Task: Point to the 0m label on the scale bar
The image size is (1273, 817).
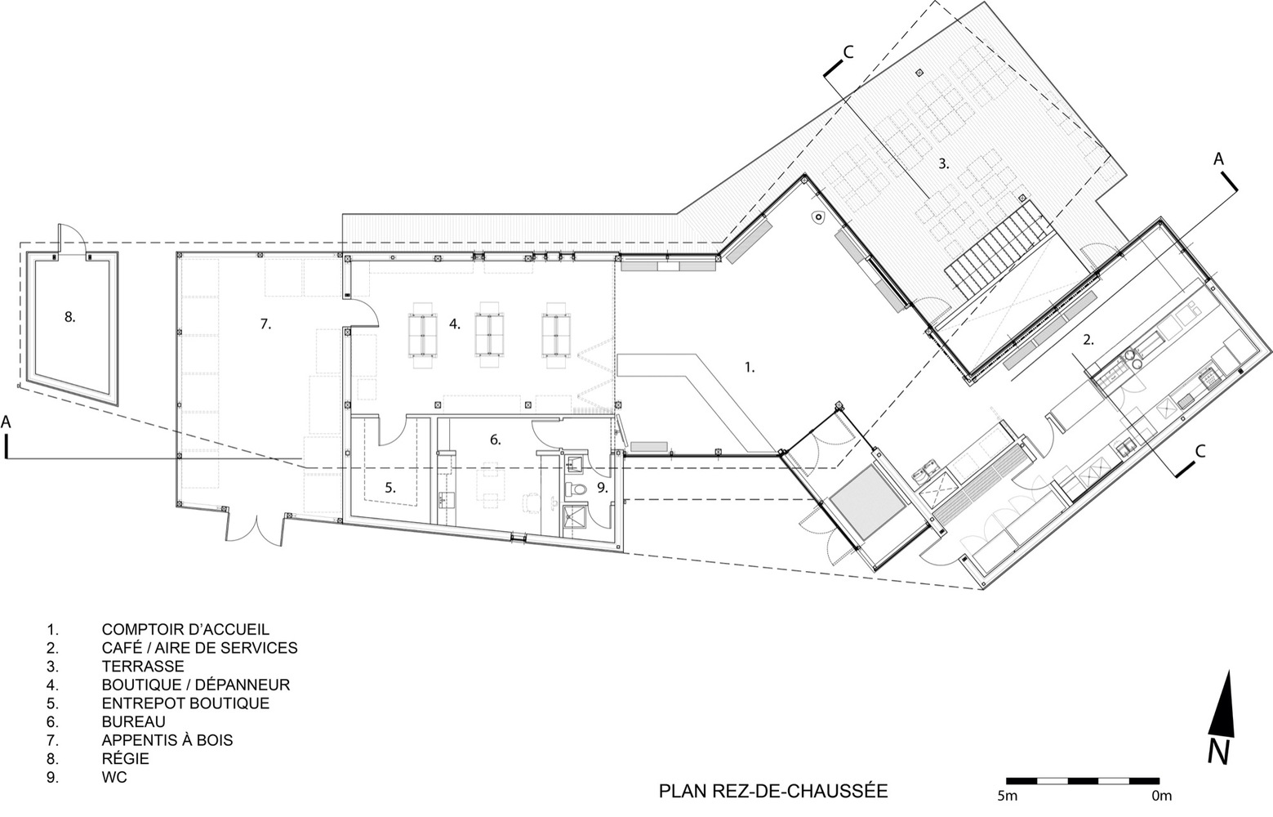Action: [1161, 795]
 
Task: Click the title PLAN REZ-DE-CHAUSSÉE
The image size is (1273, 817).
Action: [773, 791]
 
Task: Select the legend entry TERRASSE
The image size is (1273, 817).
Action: [143, 666]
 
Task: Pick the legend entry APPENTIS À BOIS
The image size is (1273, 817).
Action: [167, 740]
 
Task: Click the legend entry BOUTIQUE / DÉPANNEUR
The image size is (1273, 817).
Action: [195, 685]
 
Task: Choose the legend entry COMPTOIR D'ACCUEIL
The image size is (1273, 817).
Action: [185, 629]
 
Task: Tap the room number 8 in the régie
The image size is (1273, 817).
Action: [70, 317]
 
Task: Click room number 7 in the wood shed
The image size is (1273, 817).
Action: [265, 324]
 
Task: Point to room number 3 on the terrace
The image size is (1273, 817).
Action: [943, 163]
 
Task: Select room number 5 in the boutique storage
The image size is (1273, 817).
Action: [390, 488]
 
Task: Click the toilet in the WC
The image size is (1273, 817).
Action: [576, 489]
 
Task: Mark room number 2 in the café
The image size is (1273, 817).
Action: [1088, 338]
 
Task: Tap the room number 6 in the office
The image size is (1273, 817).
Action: [495, 440]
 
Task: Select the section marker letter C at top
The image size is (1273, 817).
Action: [848, 52]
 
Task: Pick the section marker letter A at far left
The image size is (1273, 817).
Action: [7, 422]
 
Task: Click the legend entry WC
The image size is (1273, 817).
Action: [114, 777]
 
